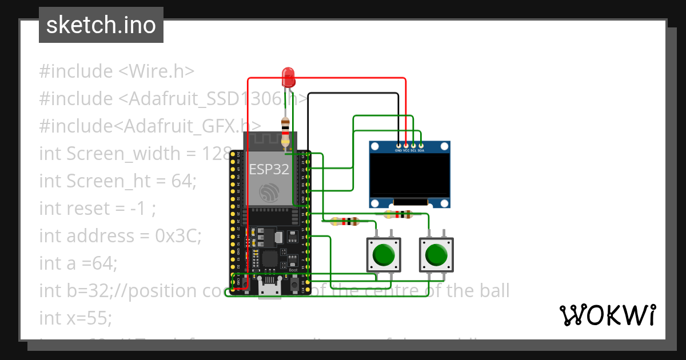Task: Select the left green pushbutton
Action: click(384, 255)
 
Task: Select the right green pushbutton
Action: click(436, 255)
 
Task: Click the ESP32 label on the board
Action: click(269, 170)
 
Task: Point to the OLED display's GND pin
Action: click(398, 146)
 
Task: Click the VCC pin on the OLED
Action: click(406, 146)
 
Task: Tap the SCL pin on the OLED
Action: click(413, 146)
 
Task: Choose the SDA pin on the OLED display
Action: click(421, 146)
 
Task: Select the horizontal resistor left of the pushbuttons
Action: click(345, 221)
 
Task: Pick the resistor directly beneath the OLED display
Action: click(398, 215)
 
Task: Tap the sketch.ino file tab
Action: click(101, 25)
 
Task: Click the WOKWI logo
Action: click(607, 315)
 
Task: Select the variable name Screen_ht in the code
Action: click(109, 181)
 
